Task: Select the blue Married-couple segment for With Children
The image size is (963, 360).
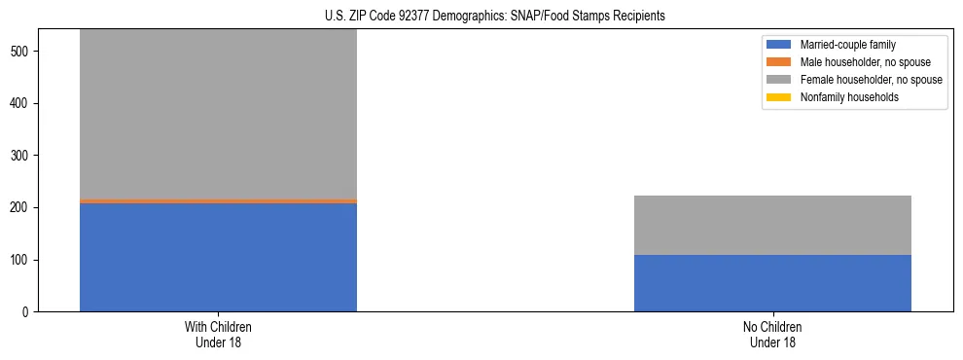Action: click(x=218, y=257)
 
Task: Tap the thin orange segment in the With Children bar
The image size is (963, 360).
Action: click(x=218, y=200)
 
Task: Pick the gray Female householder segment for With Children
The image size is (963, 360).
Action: click(x=218, y=115)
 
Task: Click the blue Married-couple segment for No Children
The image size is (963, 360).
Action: click(x=772, y=283)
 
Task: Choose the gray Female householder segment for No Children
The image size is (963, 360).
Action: click(x=772, y=225)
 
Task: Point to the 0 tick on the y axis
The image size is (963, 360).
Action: click(x=26, y=312)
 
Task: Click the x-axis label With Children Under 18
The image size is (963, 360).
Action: click(x=218, y=335)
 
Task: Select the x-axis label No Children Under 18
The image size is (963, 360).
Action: click(x=772, y=335)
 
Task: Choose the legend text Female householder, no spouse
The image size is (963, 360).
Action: click(x=871, y=80)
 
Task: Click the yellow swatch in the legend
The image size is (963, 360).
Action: click(x=779, y=97)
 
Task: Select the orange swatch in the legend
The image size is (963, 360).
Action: click(x=779, y=62)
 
